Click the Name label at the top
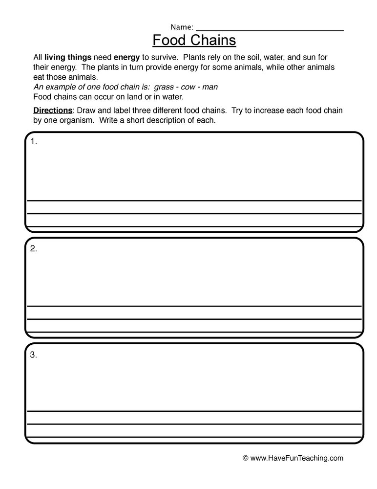(x=182, y=27)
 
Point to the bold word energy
(x=126, y=57)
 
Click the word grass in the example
(x=164, y=87)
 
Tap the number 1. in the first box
(x=34, y=142)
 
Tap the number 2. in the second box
(x=34, y=249)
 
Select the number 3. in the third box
(x=34, y=356)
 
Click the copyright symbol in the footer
(x=246, y=458)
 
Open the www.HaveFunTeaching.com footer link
(x=297, y=458)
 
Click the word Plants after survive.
(x=193, y=57)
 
